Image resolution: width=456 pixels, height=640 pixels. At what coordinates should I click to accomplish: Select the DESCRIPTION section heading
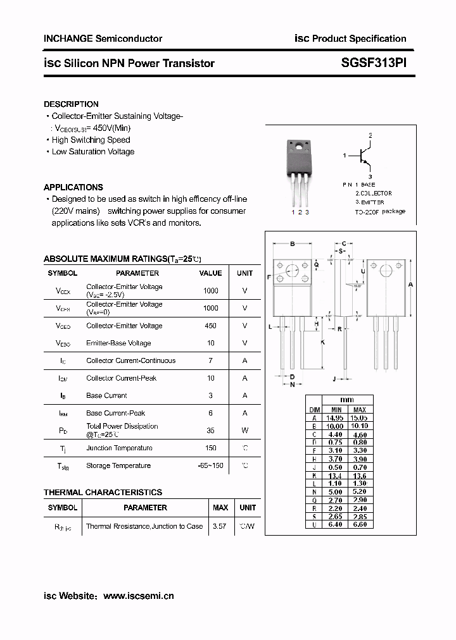click(71, 104)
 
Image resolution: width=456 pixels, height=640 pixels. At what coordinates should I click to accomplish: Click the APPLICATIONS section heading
click(73, 187)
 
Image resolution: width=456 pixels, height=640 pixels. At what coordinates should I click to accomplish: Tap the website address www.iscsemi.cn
click(138, 596)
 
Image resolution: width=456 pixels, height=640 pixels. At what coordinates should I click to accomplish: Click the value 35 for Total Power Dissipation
click(210, 431)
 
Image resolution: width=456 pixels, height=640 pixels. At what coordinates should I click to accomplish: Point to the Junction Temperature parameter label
click(119, 448)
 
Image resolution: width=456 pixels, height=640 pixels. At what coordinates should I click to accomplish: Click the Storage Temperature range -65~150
click(210, 466)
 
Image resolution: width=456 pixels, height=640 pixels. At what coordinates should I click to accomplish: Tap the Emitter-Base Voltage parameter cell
click(118, 343)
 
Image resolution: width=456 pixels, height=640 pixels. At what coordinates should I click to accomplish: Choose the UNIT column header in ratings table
click(244, 273)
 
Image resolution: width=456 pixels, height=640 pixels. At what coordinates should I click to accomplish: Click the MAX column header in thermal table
click(220, 508)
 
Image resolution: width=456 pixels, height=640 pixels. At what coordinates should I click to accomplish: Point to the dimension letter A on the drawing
click(410, 285)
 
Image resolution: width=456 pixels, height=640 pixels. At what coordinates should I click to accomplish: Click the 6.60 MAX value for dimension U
click(358, 524)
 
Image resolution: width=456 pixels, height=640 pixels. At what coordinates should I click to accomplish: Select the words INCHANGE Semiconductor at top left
click(103, 39)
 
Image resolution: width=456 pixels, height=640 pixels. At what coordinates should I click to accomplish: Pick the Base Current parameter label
click(106, 396)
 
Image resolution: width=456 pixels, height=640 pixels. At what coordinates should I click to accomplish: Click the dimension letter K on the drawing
click(322, 342)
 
